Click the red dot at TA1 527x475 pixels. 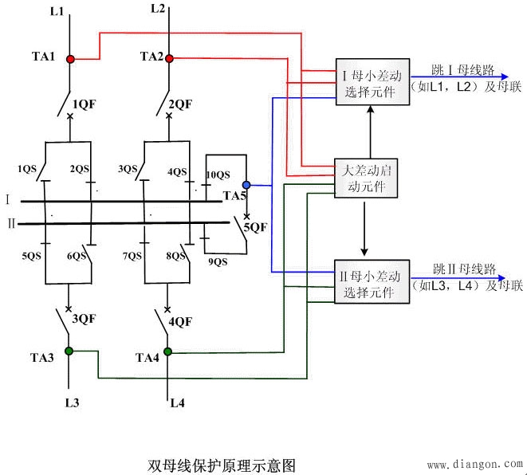pos(70,59)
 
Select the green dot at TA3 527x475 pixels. pos(69,351)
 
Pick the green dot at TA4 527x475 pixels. pos(168,351)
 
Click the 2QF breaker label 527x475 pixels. pos(180,104)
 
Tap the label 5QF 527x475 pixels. pos(255,227)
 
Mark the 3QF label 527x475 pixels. pos(85,320)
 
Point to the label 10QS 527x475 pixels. pos(218,175)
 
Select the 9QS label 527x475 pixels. pos(217,261)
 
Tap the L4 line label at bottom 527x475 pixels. pos(177,403)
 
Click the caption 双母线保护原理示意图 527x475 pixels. pos(221,464)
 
